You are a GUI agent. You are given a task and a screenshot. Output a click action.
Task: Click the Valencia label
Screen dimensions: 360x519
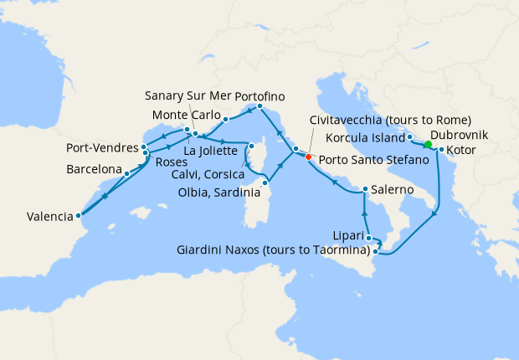coord(49,216)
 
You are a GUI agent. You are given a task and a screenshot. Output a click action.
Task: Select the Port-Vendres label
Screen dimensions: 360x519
coord(101,148)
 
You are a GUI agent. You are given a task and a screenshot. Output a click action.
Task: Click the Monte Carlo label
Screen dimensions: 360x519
coord(186,115)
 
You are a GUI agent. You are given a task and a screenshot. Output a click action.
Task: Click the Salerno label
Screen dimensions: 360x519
coord(393,190)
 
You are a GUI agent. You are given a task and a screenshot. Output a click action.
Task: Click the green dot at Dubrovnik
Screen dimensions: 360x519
coord(428,145)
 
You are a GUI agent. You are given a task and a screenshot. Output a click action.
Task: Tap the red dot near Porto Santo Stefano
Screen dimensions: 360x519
coord(308,157)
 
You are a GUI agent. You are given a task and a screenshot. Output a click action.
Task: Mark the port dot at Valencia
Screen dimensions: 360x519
coord(79,214)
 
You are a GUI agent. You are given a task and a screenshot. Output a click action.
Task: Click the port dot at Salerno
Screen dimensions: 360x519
coord(365,189)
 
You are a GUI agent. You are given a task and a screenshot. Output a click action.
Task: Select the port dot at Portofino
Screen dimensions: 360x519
coord(260,106)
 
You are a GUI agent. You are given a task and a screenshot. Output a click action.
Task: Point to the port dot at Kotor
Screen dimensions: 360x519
coord(441,151)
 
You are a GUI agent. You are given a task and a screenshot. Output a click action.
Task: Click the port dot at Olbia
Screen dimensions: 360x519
coord(265,183)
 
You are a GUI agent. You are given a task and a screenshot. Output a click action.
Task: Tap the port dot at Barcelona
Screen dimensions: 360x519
coord(126,173)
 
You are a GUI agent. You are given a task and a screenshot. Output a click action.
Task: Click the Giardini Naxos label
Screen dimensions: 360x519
coord(274,249)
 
